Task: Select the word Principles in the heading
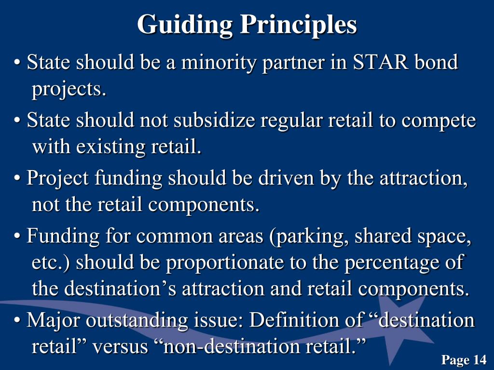coord(299,24)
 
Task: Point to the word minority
coord(218,63)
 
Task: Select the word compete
coord(439,120)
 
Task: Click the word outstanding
coord(131,320)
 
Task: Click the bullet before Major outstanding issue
coord(18,321)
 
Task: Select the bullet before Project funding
coord(18,179)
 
